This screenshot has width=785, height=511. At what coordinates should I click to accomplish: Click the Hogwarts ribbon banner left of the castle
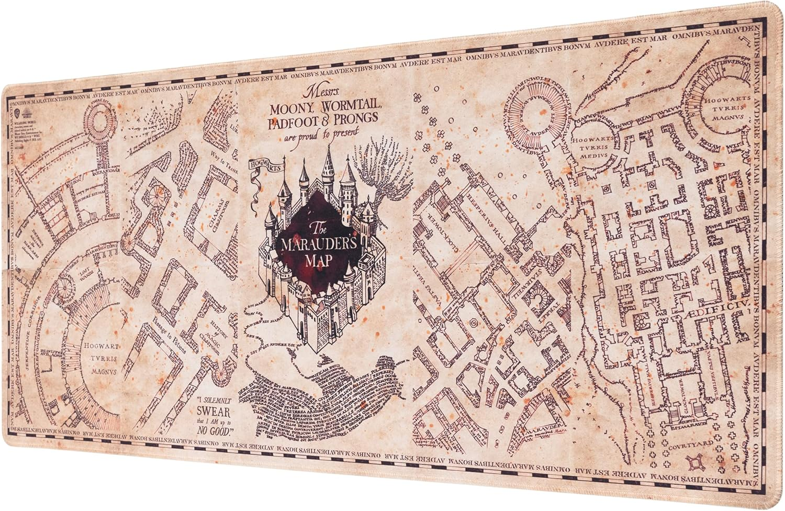click(266, 168)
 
